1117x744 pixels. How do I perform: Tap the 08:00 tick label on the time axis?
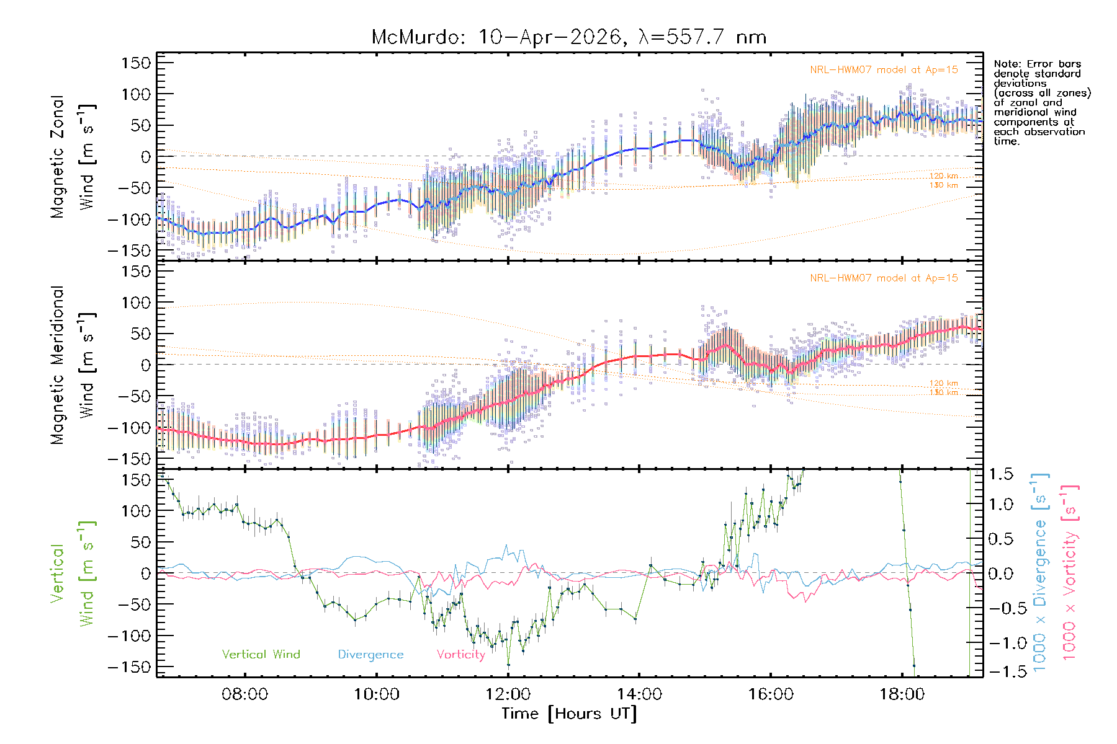tap(244, 694)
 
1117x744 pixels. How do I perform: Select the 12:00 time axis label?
tap(508, 694)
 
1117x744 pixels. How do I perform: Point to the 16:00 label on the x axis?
tap(771, 694)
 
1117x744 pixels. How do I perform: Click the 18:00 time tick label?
tap(902, 694)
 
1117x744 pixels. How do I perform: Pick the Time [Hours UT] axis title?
tap(569, 714)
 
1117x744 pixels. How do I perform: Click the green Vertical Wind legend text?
tap(261, 654)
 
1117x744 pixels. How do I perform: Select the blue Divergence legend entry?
tap(370, 654)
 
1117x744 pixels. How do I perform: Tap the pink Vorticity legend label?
tap(460, 654)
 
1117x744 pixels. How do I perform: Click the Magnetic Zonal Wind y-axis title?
tap(73, 156)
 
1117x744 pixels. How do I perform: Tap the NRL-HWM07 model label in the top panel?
tap(884, 70)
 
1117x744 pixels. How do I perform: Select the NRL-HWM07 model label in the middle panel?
tap(884, 278)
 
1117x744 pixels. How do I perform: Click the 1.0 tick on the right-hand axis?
tap(1000, 504)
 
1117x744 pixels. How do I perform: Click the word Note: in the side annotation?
tap(1007, 64)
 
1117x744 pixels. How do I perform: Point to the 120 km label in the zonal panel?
tap(943, 176)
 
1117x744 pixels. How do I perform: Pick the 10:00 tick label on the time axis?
tap(376, 694)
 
